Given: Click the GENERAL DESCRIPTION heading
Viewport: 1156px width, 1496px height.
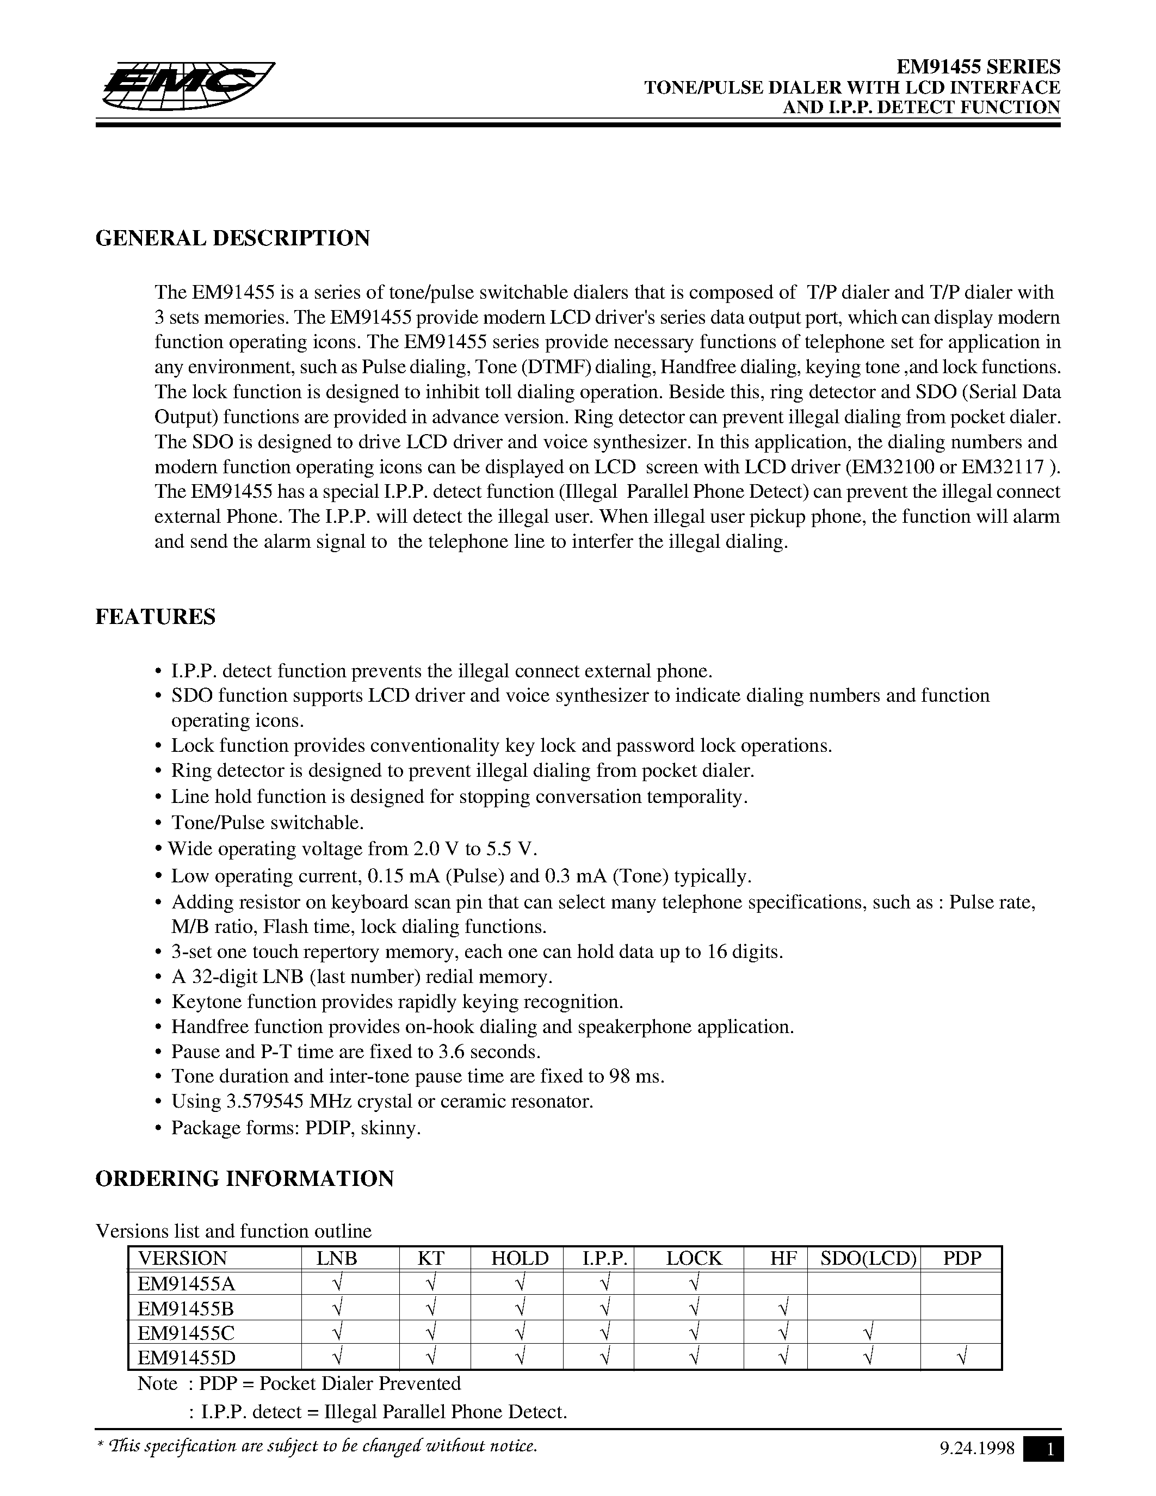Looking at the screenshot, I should [232, 238].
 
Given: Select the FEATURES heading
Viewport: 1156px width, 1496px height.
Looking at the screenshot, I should [155, 616].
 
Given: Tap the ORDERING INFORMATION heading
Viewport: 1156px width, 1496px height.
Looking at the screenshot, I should [244, 1178].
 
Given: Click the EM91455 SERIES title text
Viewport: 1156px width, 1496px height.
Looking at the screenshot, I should [979, 66].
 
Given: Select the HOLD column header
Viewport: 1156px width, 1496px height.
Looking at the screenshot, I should [520, 1259].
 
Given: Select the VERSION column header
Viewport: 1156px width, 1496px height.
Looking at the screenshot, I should [182, 1259].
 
